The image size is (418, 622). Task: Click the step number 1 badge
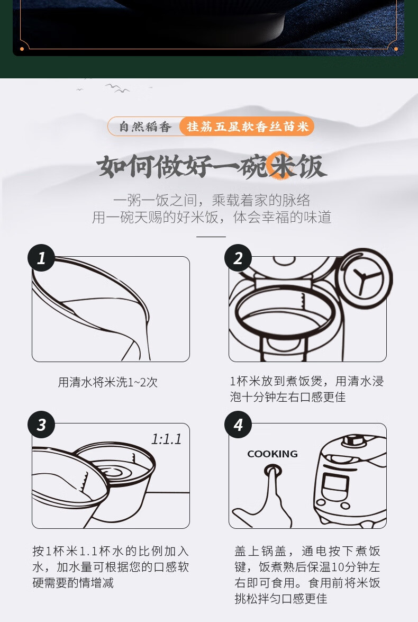click(41, 258)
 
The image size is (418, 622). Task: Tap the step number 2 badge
click(238, 258)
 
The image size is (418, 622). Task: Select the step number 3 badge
click(41, 425)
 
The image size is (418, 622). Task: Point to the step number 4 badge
click(238, 425)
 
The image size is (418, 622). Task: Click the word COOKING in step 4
click(272, 454)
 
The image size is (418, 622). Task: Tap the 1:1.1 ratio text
click(167, 439)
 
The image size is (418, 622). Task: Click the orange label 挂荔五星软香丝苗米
click(247, 127)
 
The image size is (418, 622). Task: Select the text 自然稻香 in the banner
click(145, 127)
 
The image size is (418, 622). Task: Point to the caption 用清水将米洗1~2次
click(108, 382)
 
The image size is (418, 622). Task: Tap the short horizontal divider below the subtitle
click(211, 237)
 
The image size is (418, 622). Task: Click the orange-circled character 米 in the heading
click(282, 166)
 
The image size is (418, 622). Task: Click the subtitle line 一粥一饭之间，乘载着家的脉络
click(211, 200)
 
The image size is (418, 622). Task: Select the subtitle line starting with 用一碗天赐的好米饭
click(211, 218)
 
